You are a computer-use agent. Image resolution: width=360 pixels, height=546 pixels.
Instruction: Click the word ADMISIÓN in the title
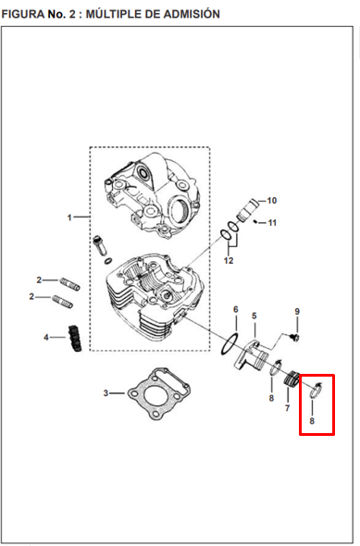coord(192,14)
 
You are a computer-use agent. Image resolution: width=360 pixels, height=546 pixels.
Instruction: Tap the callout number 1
coord(69,218)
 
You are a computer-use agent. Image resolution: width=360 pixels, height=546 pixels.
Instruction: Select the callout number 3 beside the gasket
coord(106,393)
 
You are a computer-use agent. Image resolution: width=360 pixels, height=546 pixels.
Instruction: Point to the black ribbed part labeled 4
coord(76,338)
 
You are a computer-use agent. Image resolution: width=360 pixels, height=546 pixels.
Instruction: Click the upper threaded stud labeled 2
coord(70,283)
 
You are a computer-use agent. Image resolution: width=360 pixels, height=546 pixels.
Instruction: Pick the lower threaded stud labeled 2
coord(63,302)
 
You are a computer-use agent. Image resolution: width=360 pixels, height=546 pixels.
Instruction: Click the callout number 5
coord(254,316)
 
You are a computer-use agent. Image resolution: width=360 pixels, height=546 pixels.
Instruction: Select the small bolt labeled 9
coord(295,337)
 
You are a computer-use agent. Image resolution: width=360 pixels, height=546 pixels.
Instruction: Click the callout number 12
coord(229,260)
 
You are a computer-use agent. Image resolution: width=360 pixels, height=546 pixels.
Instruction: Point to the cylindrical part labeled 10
coord(246,209)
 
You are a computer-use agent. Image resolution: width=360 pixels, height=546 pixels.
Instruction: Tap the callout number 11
coord(272,223)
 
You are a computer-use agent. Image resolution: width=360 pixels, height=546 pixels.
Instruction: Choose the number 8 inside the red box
coord(312,421)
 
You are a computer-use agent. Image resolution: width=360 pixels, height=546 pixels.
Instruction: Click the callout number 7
coord(287,408)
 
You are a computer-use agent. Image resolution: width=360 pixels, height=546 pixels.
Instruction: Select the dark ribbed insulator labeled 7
coord(292,379)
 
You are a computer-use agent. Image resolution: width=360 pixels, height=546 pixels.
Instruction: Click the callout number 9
coord(297,311)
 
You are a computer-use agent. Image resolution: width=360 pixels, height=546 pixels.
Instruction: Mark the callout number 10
coord(272,201)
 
